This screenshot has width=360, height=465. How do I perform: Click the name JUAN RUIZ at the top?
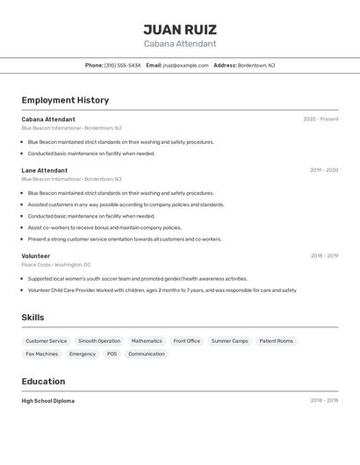pos(180,29)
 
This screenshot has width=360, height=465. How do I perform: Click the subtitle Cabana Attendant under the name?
pos(180,44)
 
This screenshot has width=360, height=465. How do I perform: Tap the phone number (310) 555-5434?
pos(122,65)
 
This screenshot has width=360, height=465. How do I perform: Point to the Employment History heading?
pos(65,100)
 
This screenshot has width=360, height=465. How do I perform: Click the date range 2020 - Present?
pos(320,119)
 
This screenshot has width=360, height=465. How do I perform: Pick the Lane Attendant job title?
pos(45,170)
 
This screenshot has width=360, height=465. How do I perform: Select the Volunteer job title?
pos(36,256)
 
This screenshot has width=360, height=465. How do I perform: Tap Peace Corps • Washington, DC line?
pos(56,264)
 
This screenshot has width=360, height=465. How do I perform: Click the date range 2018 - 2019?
pos(324,256)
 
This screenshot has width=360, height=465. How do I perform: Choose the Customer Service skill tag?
pos(46,340)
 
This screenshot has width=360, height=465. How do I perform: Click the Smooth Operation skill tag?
pos(99,340)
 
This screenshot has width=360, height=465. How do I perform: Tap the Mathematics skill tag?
pos(147,340)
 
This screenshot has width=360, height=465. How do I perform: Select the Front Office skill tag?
pos(186,340)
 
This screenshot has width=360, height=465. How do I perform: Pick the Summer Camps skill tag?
pos(229,340)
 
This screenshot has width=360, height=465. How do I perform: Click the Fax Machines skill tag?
pos(42,354)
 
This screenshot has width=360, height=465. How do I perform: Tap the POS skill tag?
pos(112,354)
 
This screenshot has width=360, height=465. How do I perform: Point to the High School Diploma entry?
pos(48,401)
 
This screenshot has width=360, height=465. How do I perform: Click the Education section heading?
pos(43,382)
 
